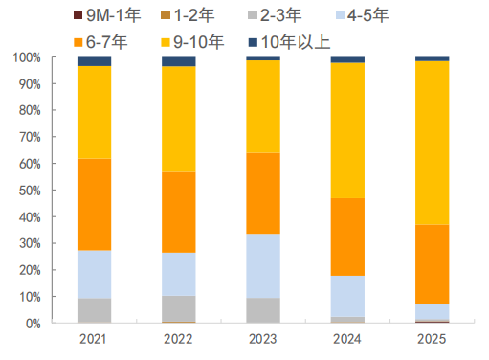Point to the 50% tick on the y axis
point(29,191)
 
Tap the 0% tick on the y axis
point(32,324)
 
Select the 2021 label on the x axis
point(94,339)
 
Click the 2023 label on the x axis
point(263,339)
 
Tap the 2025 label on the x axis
point(432,339)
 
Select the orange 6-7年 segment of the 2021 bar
point(94,204)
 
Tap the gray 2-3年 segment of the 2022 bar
point(178,308)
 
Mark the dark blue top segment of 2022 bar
point(178,61)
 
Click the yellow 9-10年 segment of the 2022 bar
point(178,119)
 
